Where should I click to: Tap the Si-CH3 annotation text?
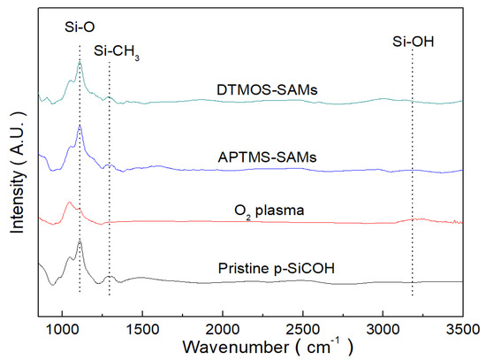(116, 51)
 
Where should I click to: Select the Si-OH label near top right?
(414, 41)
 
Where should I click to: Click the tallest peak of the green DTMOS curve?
(80, 63)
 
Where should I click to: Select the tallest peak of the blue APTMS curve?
(80, 127)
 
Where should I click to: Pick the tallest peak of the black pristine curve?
(80, 241)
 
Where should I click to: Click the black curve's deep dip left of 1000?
(51, 285)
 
